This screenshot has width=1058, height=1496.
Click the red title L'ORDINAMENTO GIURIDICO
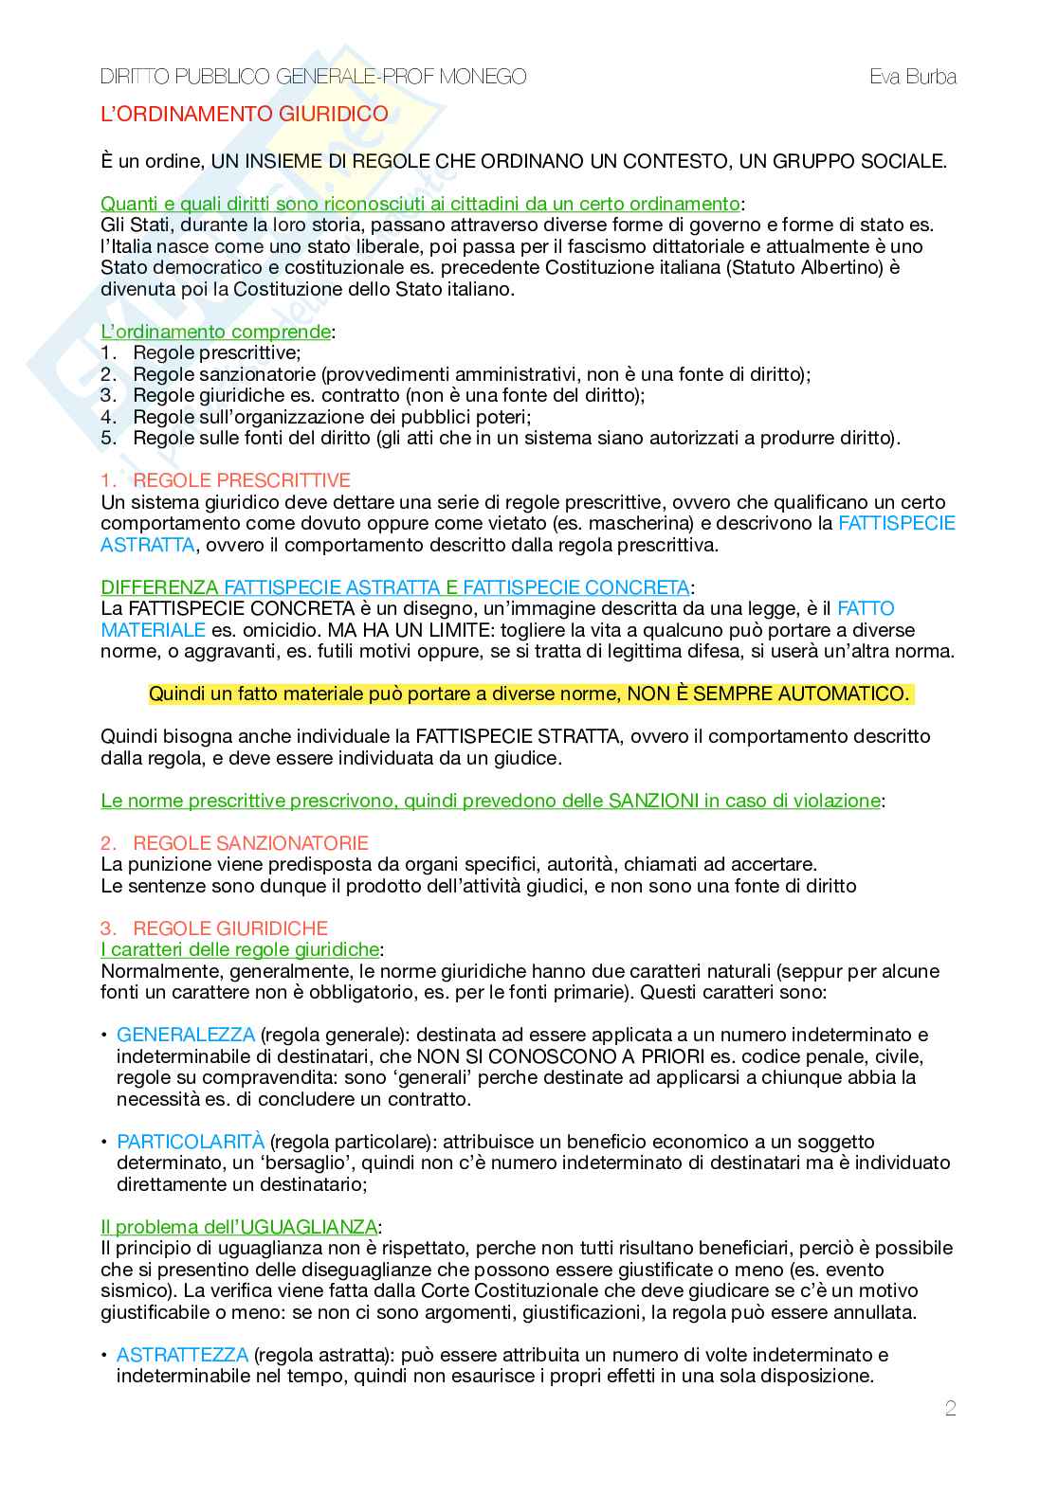244,114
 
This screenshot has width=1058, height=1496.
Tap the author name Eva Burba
912,77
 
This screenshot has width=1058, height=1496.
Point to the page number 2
950,1409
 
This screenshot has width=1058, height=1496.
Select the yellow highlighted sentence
528,694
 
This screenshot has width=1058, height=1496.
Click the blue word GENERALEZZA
186,1035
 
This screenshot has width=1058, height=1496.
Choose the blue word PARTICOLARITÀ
191,1142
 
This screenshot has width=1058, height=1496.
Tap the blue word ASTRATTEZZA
182,1355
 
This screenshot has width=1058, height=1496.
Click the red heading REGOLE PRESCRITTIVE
241,480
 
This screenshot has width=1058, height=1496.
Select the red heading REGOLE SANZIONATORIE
250,843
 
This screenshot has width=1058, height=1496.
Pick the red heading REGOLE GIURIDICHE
230,928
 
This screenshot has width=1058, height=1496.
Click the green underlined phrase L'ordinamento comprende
216,332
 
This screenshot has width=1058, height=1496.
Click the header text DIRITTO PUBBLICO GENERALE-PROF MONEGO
313,77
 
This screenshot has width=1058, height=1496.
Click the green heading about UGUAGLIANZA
239,1227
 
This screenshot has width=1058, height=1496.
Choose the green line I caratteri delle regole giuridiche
240,949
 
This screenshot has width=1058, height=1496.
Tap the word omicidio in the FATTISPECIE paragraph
252,630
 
